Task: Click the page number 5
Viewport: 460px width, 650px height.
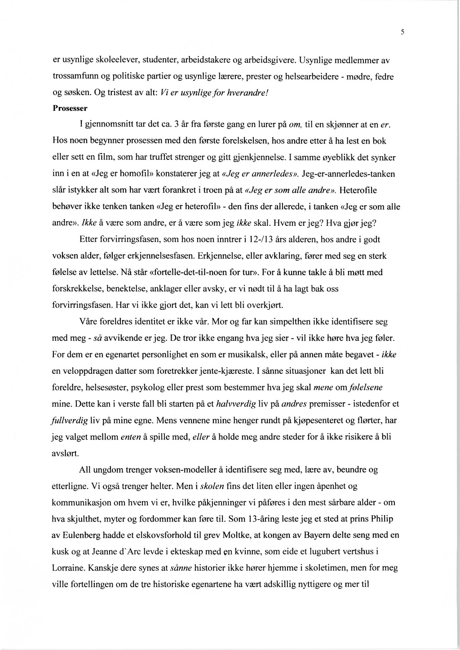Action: [x=403, y=32]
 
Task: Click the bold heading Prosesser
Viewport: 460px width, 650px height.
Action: [x=70, y=108]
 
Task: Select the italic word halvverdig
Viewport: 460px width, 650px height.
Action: [x=236, y=404]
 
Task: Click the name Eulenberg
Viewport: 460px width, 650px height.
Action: [x=86, y=536]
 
